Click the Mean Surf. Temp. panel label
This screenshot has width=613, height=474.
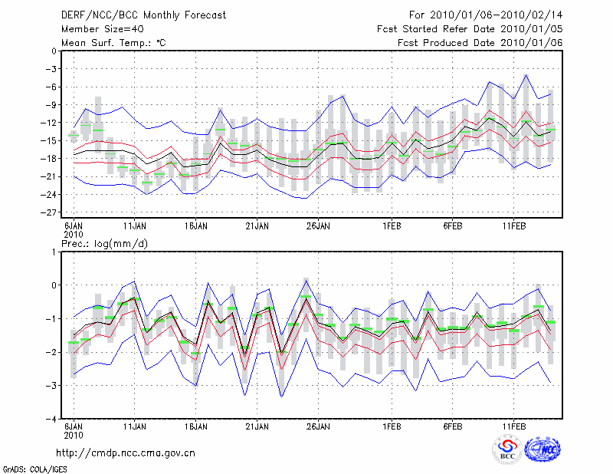113,42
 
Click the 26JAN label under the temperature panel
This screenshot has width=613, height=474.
318,227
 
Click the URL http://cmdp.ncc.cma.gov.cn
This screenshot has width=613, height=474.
126,453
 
